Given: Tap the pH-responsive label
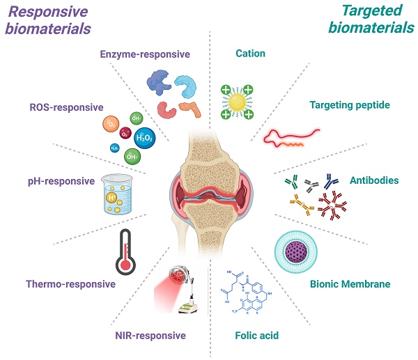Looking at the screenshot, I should click(62, 181).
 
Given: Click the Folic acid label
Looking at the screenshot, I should click(258, 336).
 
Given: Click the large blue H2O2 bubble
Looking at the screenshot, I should click(144, 138).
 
